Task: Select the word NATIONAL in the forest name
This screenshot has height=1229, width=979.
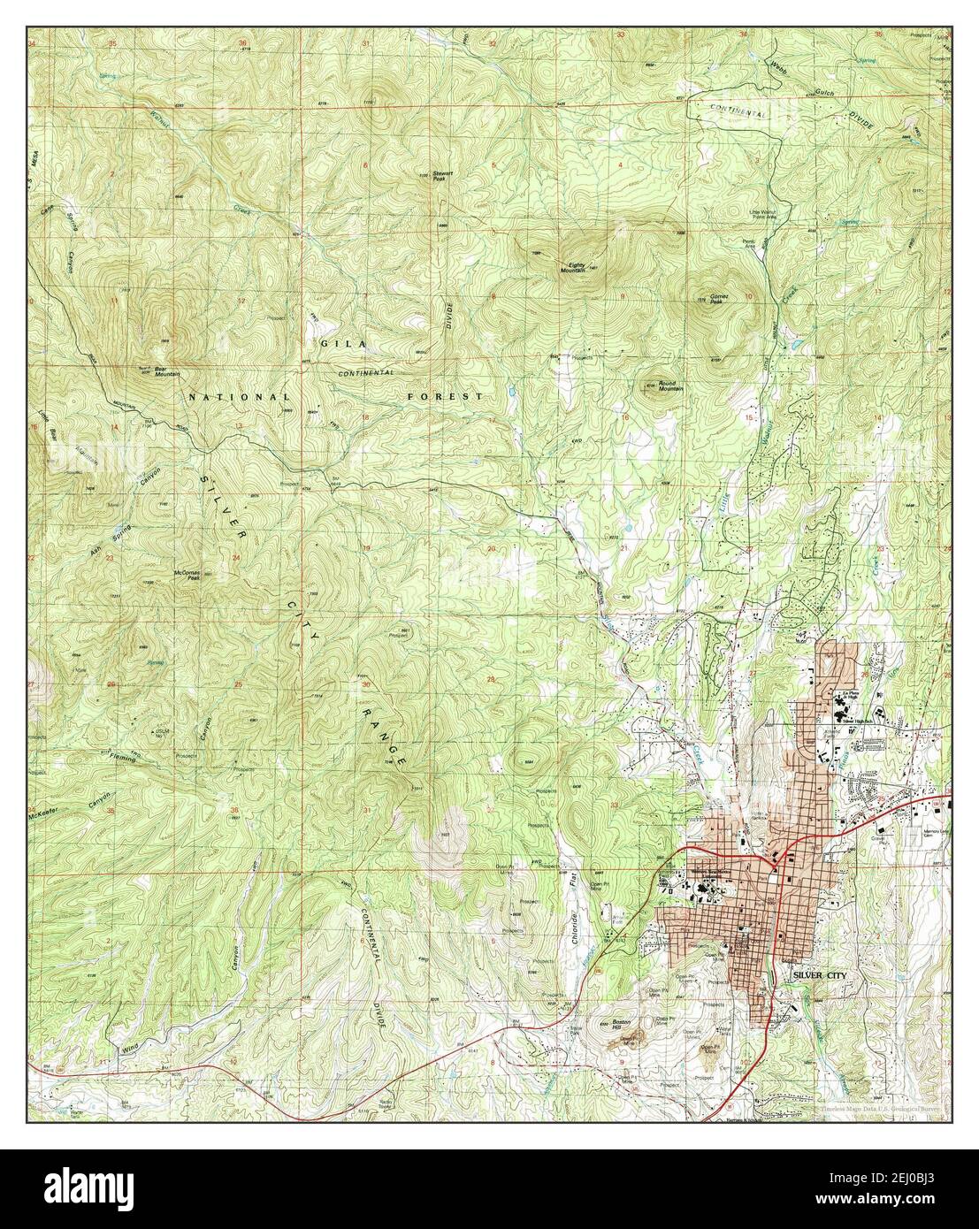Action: coord(238,398)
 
